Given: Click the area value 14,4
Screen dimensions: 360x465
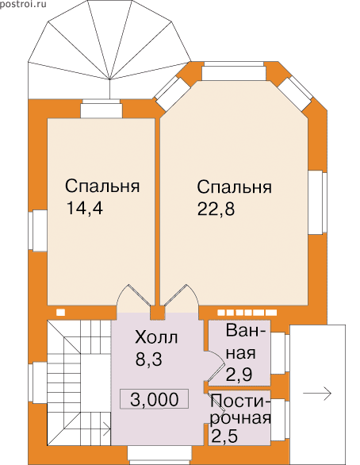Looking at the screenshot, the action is click(85, 208).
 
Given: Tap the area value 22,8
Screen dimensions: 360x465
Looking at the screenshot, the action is click(216, 209).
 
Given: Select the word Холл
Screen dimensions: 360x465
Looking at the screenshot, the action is click(156, 337).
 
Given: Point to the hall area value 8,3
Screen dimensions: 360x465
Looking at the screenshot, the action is click(149, 359).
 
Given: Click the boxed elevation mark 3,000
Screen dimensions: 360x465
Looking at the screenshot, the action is click(154, 399).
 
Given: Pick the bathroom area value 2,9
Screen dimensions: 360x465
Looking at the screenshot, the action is click(239, 375).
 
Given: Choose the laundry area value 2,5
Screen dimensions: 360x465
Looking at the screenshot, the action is click(224, 436).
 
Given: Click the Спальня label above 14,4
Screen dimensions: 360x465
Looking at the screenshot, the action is click(102, 186).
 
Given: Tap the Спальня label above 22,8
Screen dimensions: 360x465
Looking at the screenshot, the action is click(235, 187).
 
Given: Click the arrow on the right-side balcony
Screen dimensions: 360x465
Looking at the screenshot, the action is click(316, 394).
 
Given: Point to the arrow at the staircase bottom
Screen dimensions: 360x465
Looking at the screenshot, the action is click(105, 428).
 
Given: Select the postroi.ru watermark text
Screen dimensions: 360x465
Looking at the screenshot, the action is click(23, 5).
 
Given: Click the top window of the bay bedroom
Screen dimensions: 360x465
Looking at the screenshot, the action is click(234, 71).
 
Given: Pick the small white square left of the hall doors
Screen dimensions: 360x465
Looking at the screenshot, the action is click(61, 313).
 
